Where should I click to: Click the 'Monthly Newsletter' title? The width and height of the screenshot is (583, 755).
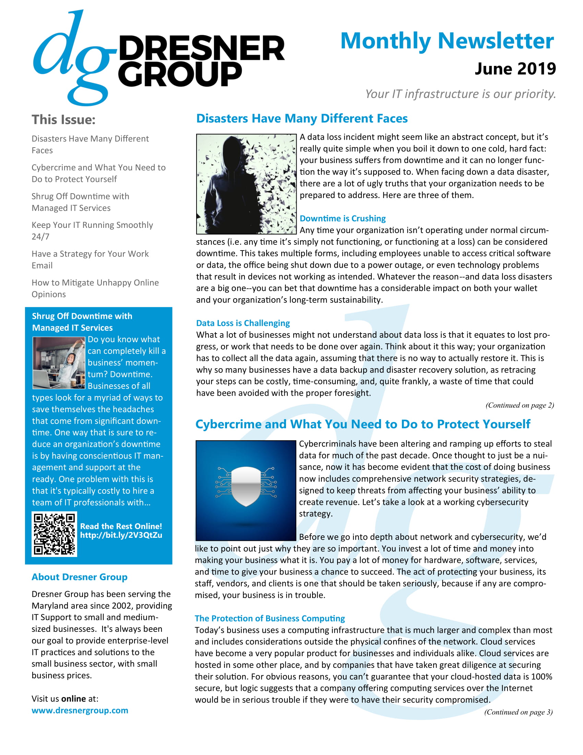coord(447,41)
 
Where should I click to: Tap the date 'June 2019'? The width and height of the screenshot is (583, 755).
coord(515,69)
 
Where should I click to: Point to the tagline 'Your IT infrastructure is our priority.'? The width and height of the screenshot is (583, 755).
coord(460,94)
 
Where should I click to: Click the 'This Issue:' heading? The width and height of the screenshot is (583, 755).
coord(63,120)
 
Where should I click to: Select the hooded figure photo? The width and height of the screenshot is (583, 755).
coord(246,184)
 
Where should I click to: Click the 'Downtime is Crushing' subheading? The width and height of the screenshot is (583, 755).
coord(343,219)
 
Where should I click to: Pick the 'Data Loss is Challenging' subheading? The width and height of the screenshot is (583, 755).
coord(243,323)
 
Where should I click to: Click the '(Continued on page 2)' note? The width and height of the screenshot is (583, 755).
coord(520,405)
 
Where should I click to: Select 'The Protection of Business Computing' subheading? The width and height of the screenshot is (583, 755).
coord(270,618)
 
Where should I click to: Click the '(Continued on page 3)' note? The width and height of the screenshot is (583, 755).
coord(518,712)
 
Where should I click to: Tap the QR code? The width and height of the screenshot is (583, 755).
coord(54,534)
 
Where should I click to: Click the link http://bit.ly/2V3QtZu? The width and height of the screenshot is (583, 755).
coord(121,535)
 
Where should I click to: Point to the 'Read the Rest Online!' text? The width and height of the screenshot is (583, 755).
coord(121,526)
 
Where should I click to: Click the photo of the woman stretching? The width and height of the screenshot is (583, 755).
coord(58,363)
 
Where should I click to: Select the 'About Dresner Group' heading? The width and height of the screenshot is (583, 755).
coord(80,577)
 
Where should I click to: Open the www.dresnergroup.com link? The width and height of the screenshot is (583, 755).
coord(80,710)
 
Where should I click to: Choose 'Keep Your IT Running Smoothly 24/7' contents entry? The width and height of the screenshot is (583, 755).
coord(92,231)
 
